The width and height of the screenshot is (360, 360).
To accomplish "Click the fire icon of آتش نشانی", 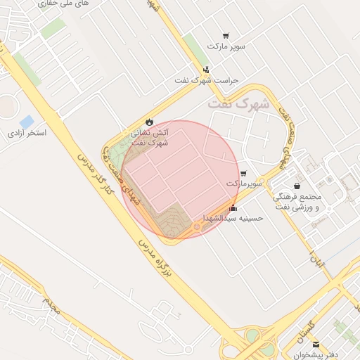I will pyautogui.click(x=149, y=122).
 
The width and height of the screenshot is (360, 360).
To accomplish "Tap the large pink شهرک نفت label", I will pyautogui.click(x=239, y=103).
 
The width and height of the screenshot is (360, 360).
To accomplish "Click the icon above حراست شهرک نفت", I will pyautogui.click(x=206, y=70).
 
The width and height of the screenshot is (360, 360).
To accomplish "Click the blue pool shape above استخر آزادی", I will pyautogui.click(x=27, y=122).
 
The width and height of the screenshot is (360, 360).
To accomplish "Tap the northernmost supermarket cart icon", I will pyautogui.click(x=226, y=36).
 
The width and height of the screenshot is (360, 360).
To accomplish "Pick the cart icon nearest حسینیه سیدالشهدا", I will pyautogui.click(x=243, y=173).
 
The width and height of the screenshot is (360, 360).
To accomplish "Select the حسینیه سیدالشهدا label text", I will pyautogui.click(x=233, y=219).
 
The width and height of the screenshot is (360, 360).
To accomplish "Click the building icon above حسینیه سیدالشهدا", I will pyautogui.click(x=233, y=208).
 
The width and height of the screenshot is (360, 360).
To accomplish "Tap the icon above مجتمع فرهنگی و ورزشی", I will pyautogui.click(x=297, y=186).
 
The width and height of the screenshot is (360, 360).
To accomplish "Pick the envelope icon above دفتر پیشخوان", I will pyautogui.click(x=316, y=345).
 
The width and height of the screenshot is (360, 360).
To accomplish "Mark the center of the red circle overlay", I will pyautogui.click(x=181, y=180).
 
